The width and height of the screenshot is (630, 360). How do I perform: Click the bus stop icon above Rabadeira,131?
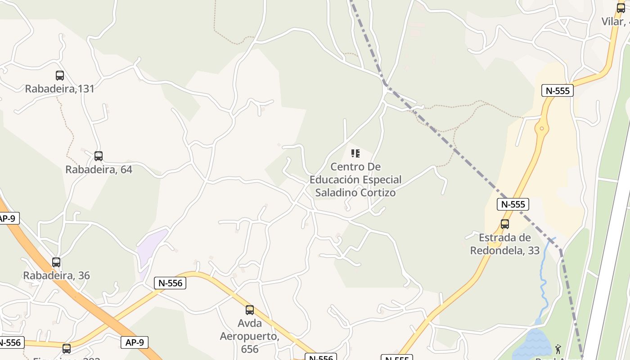pyautogui.click(x=60, y=76)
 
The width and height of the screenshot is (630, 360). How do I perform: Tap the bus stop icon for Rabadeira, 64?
pyautogui.click(x=99, y=156)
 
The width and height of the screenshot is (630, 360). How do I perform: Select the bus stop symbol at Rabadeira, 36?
pyautogui.click(x=56, y=262)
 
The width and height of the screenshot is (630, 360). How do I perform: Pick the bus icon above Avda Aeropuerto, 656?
pyautogui.click(x=250, y=310)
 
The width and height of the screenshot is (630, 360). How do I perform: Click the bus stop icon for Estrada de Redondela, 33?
pyautogui.click(x=505, y=224)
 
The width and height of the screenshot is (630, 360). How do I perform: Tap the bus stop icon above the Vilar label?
pyautogui.click(x=621, y=8)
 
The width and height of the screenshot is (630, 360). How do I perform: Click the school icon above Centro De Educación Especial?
pyautogui.click(x=355, y=153)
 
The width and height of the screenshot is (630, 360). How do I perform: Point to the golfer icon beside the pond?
pyautogui.click(x=558, y=349)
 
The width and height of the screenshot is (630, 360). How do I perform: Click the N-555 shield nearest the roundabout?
pyautogui.click(x=558, y=90)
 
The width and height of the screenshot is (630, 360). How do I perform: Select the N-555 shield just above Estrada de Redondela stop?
pyautogui.click(x=513, y=204)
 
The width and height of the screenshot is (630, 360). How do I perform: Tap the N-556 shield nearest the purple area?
pyautogui.click(x=170, y=283)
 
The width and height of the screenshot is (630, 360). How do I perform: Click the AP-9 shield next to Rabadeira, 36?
pyautogui.click(x=7, y=219)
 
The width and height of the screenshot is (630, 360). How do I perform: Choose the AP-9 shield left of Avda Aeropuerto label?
pyautogui.click(x=135, y=342)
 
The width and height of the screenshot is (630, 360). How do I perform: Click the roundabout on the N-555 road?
pyautogui.click(x=541, y=129)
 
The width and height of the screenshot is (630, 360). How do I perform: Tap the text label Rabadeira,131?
pyautogui.click(x=60, y=89)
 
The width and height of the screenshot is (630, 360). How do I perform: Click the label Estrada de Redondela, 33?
pyautogui.click(x=505, y=244)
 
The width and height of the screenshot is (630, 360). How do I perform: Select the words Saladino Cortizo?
pyautogui.click(x=355, y=193)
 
